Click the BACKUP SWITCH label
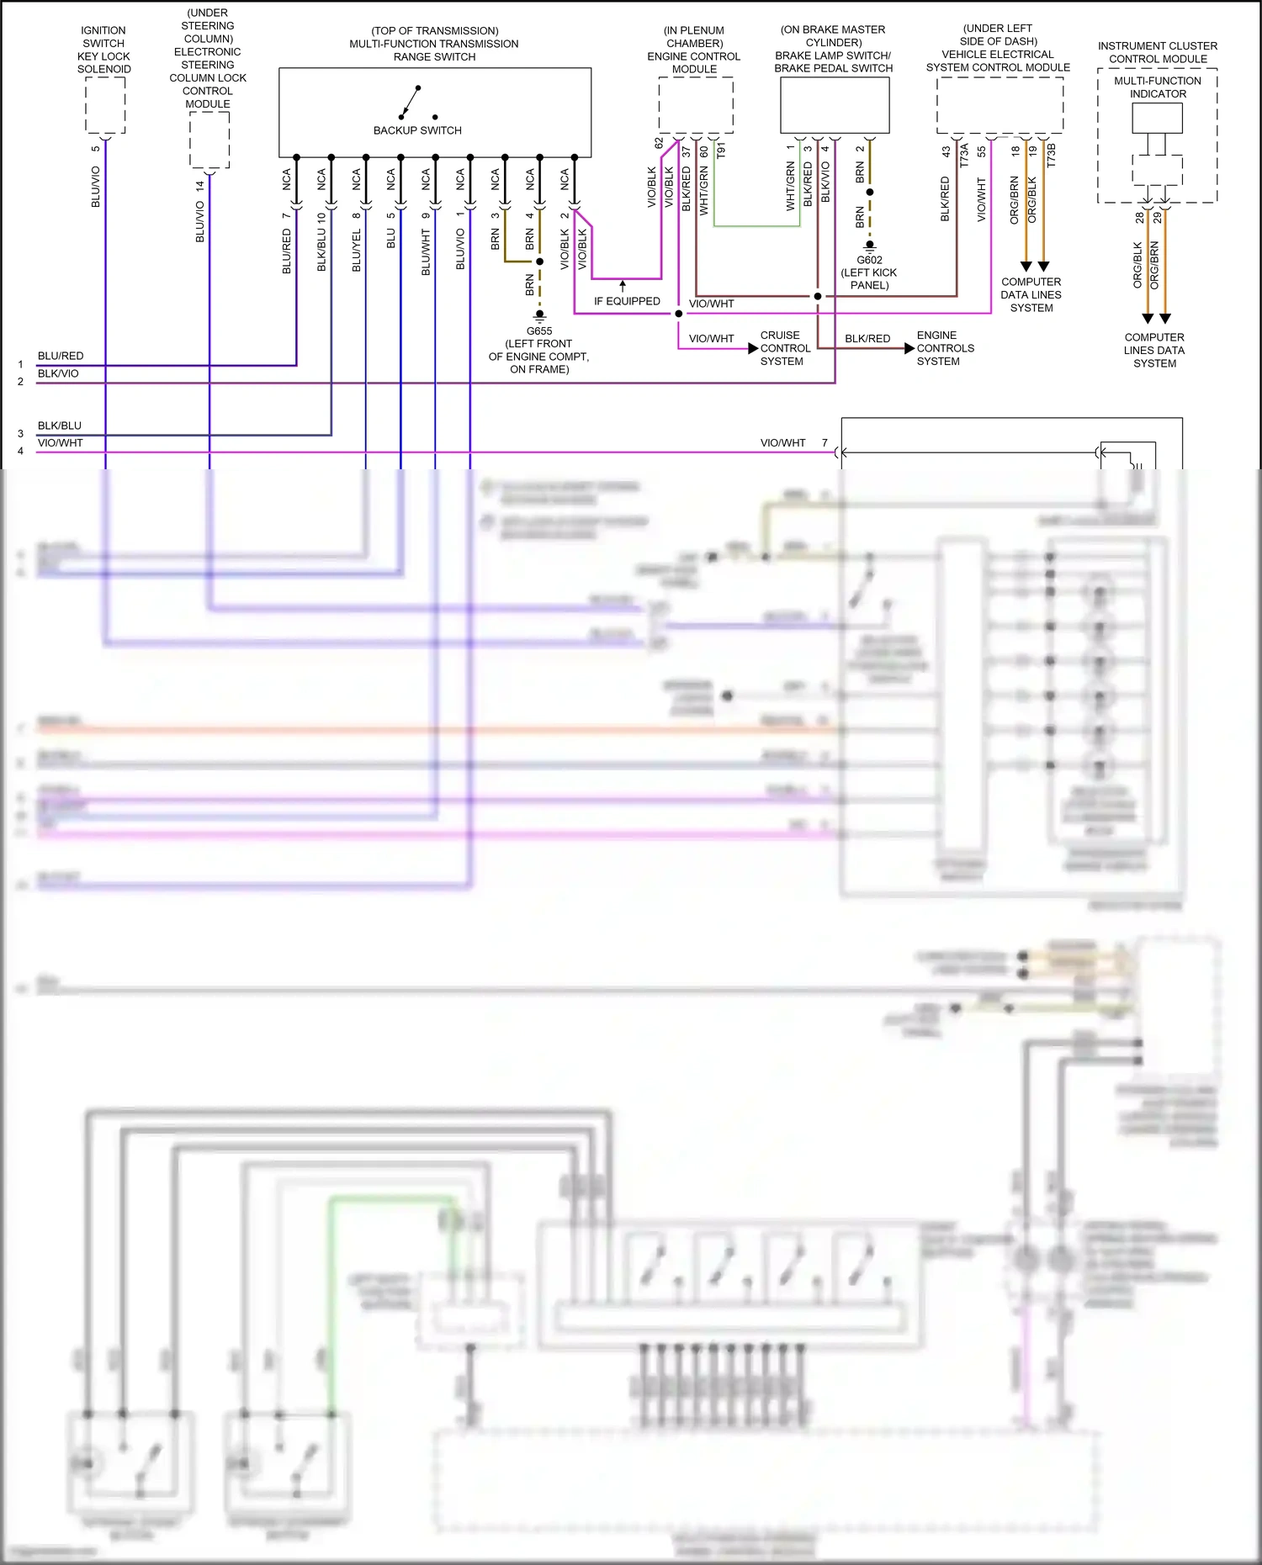(417, 130)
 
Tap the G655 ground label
(539, 330)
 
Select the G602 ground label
(869, 260)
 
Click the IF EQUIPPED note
(627, 301)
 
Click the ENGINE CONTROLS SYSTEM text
(945, 348)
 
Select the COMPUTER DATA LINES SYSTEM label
(1031, 295)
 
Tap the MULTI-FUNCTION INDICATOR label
(1158, 87)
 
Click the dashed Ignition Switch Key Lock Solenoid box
(105, 105)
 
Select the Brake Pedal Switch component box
(835, 105)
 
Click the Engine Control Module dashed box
(695, 105)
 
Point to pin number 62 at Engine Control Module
(659, 143)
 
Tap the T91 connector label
(721, 151)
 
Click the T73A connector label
(964, 155)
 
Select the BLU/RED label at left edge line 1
(61, 356)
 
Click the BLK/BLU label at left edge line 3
(60, 426)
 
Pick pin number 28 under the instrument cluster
(1140, 217)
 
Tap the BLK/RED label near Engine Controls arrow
(867, 338)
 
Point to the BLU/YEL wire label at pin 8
(357, 251)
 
